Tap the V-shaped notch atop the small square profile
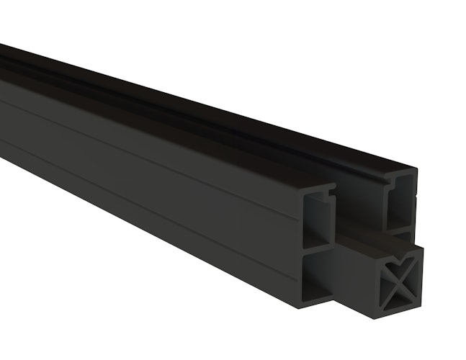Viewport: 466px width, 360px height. [x=402, y=254]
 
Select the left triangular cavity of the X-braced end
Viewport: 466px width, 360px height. [x=392, y=279]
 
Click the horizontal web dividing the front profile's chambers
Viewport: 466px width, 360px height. [x=317, y=248]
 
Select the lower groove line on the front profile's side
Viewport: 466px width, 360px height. [x=144, y=198]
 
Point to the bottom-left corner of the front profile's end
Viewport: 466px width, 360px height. [x=302, y=305]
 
